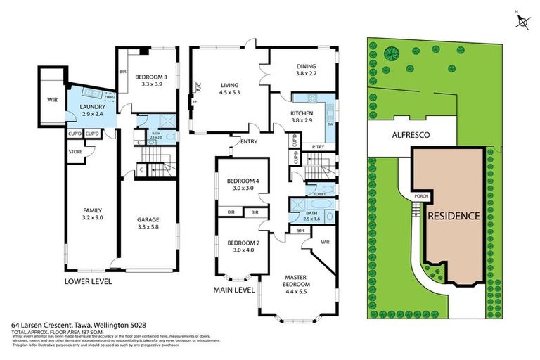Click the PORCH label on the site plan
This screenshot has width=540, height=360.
(422, 196)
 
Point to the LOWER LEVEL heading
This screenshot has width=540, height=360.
(88, 281)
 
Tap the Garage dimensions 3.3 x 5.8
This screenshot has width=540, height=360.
(148, 227)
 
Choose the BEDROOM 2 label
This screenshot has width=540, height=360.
(243, 243)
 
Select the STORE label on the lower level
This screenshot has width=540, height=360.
(75, 151)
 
